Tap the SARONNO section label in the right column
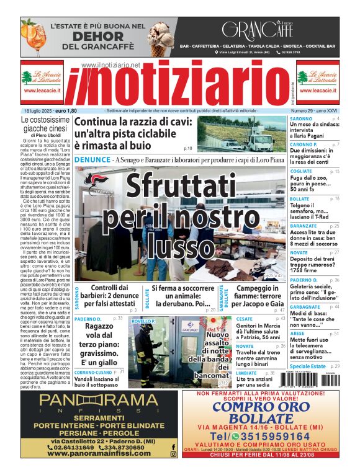301,118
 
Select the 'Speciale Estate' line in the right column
308,366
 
